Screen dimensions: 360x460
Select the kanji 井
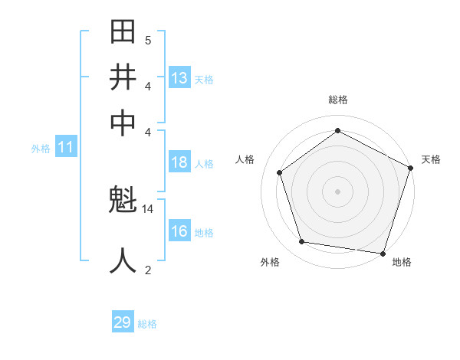123,77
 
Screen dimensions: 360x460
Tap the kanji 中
123,123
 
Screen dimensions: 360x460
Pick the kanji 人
123,260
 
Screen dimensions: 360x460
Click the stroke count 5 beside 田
148,40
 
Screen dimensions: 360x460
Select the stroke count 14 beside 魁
148,208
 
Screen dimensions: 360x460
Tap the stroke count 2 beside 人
148,269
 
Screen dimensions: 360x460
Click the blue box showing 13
179,77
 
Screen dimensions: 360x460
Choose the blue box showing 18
179,162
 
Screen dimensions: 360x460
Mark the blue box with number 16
179,231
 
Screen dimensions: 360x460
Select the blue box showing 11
65,147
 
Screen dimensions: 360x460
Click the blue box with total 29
123,322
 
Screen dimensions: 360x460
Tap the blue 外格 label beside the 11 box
41,149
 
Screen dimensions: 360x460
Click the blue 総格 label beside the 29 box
147,324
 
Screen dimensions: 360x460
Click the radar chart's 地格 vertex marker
383,253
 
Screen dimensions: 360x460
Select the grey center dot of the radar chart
337,191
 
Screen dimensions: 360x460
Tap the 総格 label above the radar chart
337,100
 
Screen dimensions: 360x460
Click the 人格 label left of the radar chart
245,159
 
